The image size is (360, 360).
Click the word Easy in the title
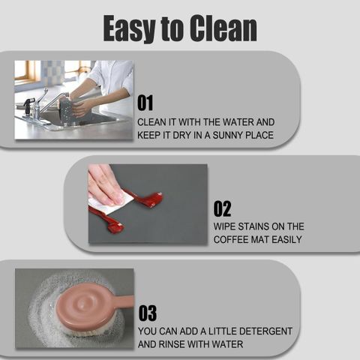pyautogui.click(x=130, y=28)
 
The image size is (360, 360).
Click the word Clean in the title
pyautogui.click(x=223, y=28)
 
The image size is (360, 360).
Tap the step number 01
pyautogui.click(x=145, y=103)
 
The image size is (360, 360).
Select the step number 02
pyautogui.click(x=222, y=208)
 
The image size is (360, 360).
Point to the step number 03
pyautogui.click(x=148, y=313)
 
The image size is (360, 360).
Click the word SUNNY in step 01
pyautogui.click(x=228, y=135)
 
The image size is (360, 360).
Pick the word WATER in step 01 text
pyautogui.click(x=238, y=122)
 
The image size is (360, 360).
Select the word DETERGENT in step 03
pyautogui.click(x=265, y=331)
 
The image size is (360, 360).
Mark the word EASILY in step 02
pyautogui.click(x=286, y=239)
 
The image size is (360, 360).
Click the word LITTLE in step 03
pyautogui.click(x=223, y=331)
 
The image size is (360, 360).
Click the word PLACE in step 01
pyautogui.click(x=259, y=135)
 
